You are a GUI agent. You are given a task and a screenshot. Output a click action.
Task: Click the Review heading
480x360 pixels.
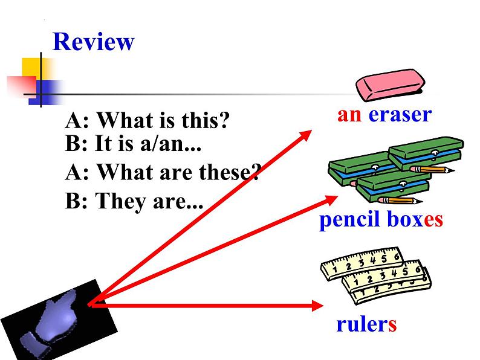(93, 42)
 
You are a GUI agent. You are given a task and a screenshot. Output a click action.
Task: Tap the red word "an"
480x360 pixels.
(349, 114)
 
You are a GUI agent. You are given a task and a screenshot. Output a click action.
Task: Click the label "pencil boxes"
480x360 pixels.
(381, 219)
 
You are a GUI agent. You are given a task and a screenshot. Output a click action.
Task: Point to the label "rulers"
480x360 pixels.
(366, 324)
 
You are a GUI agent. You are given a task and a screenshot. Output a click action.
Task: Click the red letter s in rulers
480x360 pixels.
(392, 324)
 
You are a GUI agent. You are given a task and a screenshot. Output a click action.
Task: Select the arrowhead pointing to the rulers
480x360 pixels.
(318, 306)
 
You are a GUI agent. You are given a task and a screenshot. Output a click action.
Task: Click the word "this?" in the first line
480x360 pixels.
(205, 121)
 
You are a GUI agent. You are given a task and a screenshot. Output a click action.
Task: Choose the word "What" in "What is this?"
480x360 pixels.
(125, 121)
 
